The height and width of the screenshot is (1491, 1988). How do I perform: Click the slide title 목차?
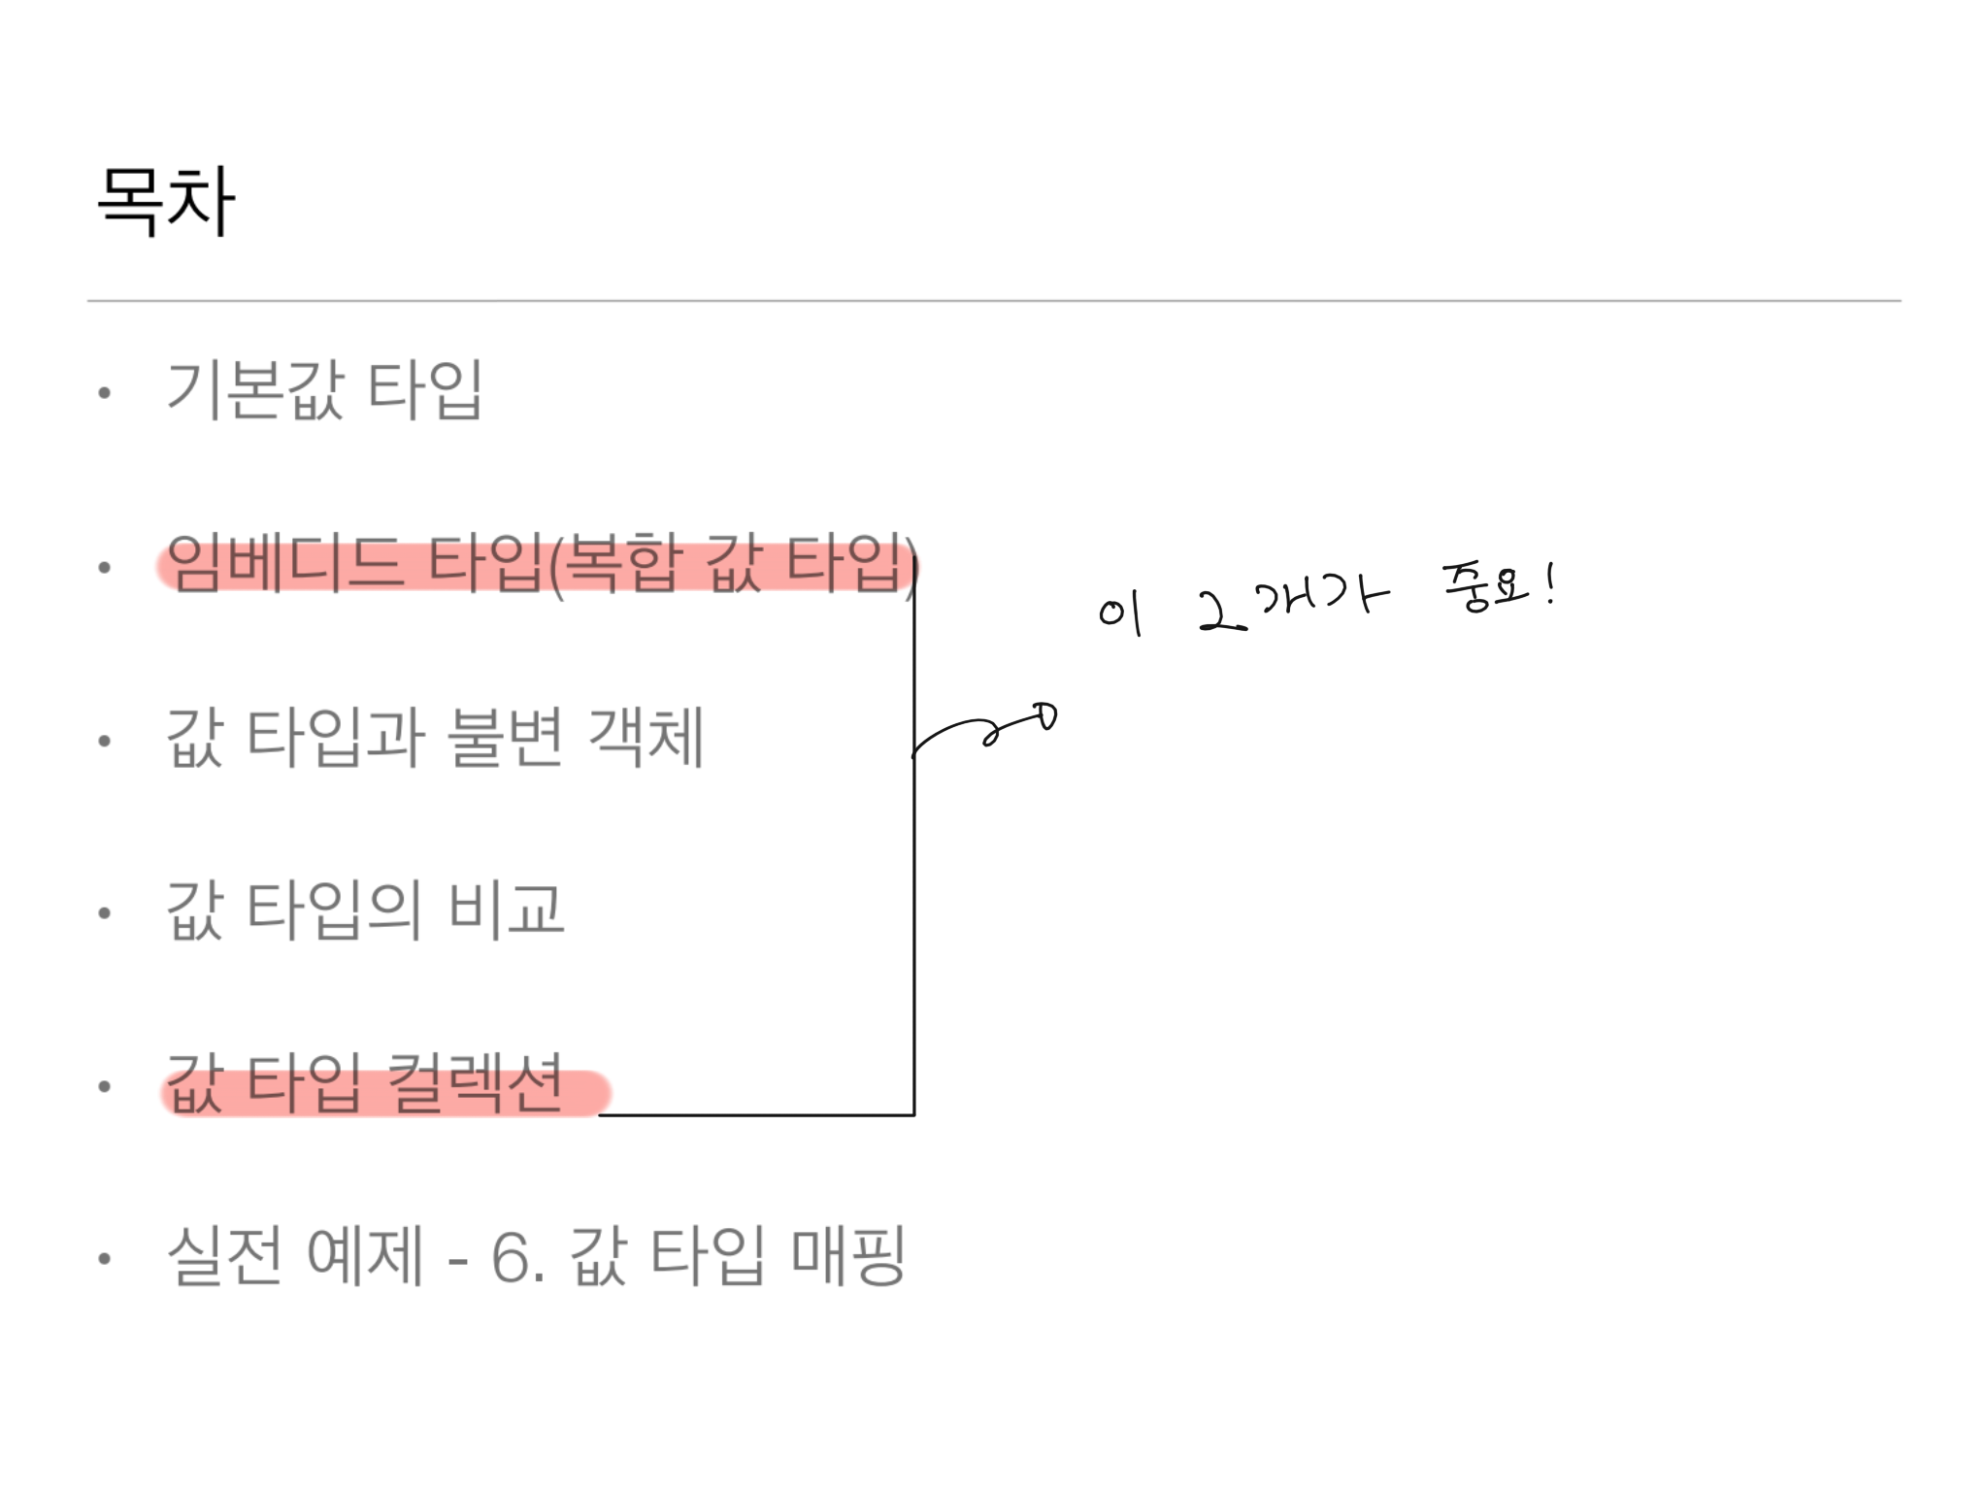pyautogui.click(x=166, y=201)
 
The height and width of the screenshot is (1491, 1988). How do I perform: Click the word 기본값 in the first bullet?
pyautogui.click(x=255, y=390)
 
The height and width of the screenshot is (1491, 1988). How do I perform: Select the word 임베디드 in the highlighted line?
pyautogui.click(x=284, y=564)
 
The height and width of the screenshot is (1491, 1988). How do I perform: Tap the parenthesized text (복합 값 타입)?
pyautogui.click(x=734, y=565)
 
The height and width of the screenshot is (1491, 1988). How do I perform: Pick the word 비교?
pyautogui.click(x=506, y=911)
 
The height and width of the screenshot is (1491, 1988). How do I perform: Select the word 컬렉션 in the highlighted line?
pyautogui.click(x=475, y=1083)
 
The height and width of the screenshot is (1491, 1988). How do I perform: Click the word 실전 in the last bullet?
pyautogui.click(x=224, y=1256)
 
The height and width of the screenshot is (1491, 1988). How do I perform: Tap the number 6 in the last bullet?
pyautogui.click(x=511, y=1258)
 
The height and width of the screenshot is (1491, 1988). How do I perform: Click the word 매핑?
pyautogui.click(x=848, y=1256)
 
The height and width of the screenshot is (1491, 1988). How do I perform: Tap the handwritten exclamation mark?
pyautogui.click(x=1551, y=584)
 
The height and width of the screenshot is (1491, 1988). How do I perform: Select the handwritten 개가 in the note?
pyautogui.click(x=1322, y=596)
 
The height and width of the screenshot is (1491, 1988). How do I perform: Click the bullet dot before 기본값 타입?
pyautogui.click(x=105, y=393)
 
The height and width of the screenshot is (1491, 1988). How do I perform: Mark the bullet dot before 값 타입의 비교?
pyautogui.click(x=105, y=912)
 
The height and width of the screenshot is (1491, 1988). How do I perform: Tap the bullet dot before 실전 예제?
pyautogui.click(x=105, y=1259)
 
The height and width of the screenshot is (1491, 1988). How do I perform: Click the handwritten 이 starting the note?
pyautogui.click(x=1120, y=613)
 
